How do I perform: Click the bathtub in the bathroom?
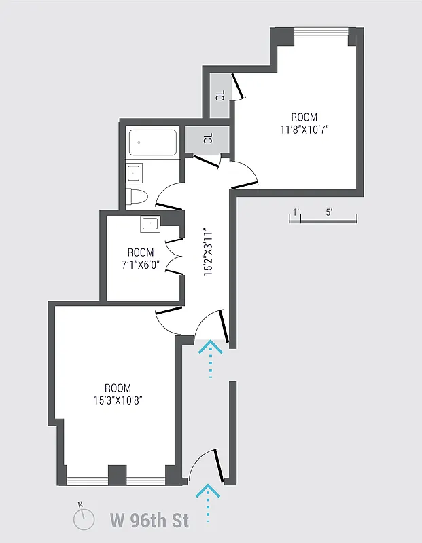(152, 143)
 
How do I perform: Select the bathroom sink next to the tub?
(134, 172)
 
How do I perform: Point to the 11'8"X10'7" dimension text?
(304, 129)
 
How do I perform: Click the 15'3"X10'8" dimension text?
(118, 400)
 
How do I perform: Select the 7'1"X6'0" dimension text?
(141, 265)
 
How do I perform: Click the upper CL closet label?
(220, 96)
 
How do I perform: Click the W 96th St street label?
(150, 521)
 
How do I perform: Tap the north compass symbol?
(83, 519)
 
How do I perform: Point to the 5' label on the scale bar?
(329, 212)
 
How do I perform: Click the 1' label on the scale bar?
(295, 212)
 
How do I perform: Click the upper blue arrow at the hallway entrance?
(210, 359)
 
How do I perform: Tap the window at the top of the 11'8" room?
(322, 31)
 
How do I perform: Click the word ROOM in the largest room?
(118, 388)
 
